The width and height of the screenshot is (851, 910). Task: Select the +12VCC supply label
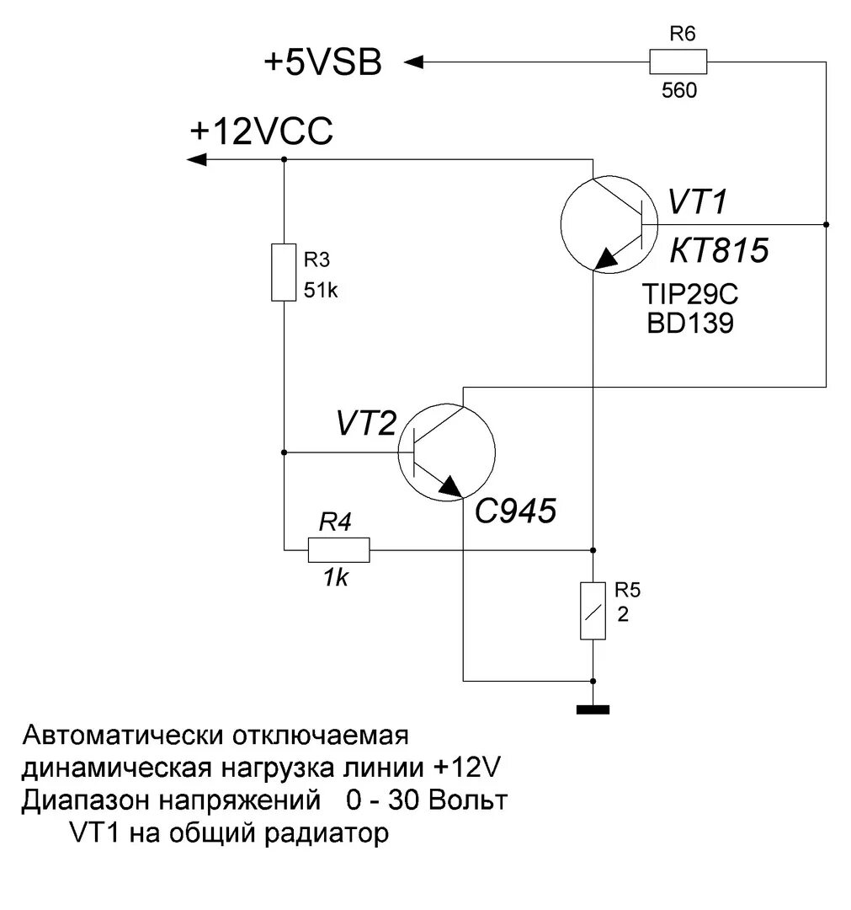[x=262, y=133]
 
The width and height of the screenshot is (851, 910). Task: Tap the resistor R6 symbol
[x=678, y=62]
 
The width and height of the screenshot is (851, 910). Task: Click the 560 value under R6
[x=679, y=90]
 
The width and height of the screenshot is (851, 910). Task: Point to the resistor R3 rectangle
[x=284, y=272]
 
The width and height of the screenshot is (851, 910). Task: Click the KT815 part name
[x=719, y=250]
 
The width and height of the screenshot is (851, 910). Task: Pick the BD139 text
[x=689, y=324]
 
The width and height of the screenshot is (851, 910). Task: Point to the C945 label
[x=516, y=511]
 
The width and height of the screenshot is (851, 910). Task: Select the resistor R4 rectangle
[x=338, y=550]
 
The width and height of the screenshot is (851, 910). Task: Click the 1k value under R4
[x=336, y=580]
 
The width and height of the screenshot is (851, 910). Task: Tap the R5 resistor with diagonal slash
[x=593, y=610]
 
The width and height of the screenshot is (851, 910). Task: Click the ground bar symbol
[x=593, y=709]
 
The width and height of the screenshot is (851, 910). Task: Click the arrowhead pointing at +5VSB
[x=413, y=62]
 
